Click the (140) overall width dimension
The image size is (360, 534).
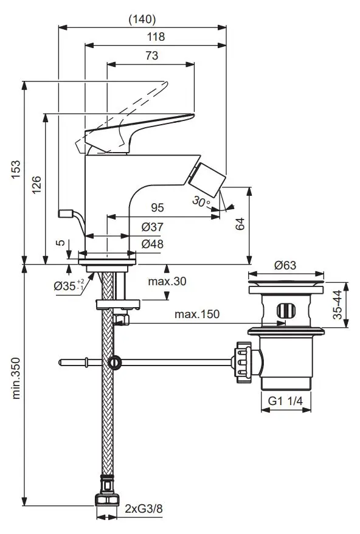pos(142,19)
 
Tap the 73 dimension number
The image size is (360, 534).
pos(151,55)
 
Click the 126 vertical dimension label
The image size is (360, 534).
pos(36,186)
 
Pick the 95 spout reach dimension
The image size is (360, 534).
pos(157,208)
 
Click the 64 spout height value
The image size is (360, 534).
pos(240,224)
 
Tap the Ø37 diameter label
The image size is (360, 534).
pos(151,227)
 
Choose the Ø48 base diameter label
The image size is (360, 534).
pos(151,244)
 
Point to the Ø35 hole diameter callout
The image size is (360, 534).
pos(67,286)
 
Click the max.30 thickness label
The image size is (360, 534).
pos(167,282)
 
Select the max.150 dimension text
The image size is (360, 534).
pos(197,314)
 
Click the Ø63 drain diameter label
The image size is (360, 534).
pos(285,265)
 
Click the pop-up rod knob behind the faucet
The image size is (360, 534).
pos(65,213)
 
